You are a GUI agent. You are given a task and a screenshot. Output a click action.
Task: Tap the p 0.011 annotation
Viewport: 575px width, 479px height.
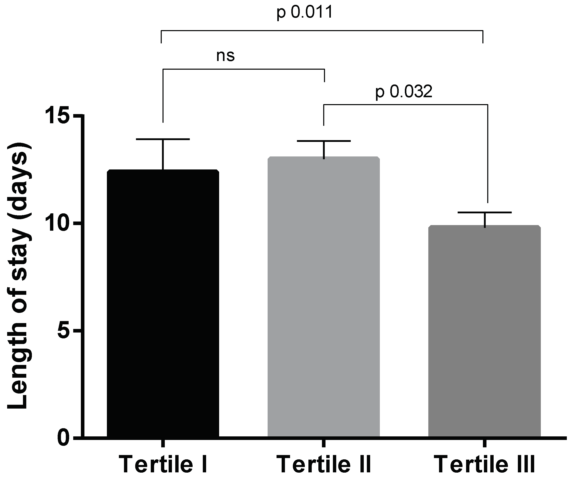[305, 12]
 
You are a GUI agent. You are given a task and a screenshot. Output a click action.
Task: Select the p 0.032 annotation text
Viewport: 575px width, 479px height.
[404, 92]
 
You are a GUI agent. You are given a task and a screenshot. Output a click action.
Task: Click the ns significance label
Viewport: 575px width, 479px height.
[225, 56]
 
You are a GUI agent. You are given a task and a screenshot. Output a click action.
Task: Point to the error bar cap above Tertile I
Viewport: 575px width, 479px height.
[163, 139]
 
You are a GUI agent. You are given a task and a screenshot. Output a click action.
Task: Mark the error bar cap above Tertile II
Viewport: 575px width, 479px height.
[324, 141]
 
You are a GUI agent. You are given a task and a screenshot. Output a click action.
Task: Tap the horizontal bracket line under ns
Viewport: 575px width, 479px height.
[244, 69]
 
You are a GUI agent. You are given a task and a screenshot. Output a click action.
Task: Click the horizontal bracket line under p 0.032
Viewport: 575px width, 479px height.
[405, 104]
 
